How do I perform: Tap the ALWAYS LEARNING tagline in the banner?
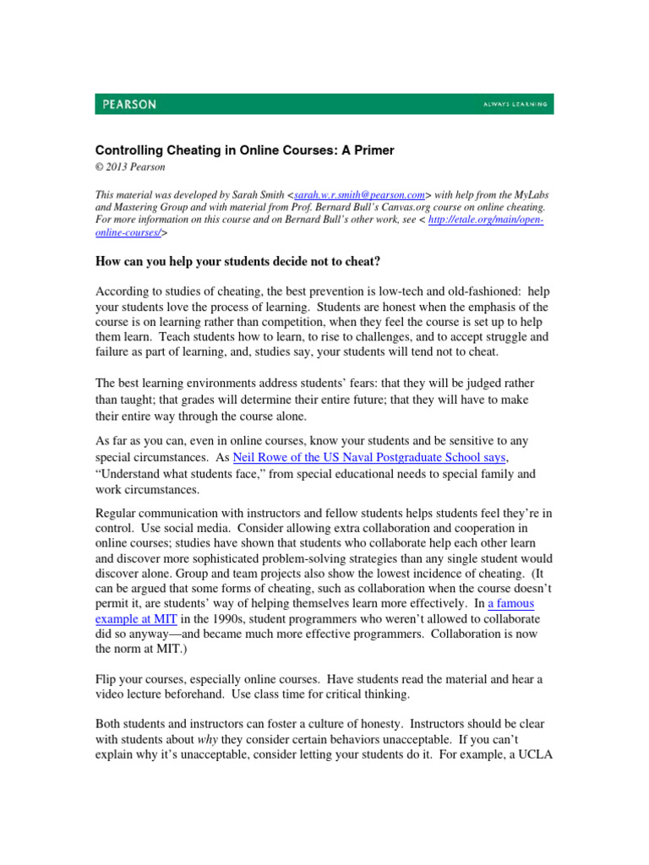coord(515,105)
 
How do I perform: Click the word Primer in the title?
coord(370,150)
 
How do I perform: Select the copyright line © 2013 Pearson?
coord(131,167)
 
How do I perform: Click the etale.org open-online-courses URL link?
coord(487,220)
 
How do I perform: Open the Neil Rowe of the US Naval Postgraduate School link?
coord(368,457)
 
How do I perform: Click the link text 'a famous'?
coord(511,605)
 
